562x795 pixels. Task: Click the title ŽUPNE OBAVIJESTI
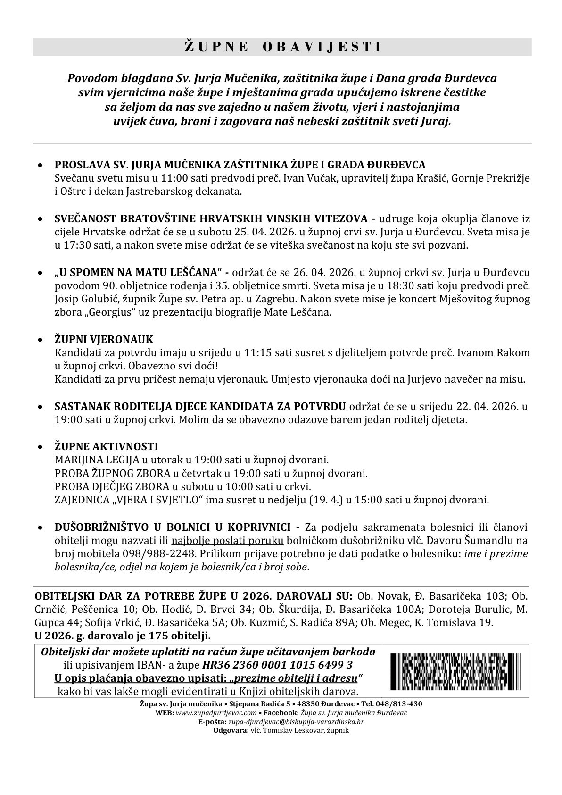coord(282,47)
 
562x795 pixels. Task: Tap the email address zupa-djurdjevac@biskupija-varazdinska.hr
coord(296,722)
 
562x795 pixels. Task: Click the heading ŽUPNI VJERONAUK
coord(104,340)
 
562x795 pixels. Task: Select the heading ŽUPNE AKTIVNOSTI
coord(106,446)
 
